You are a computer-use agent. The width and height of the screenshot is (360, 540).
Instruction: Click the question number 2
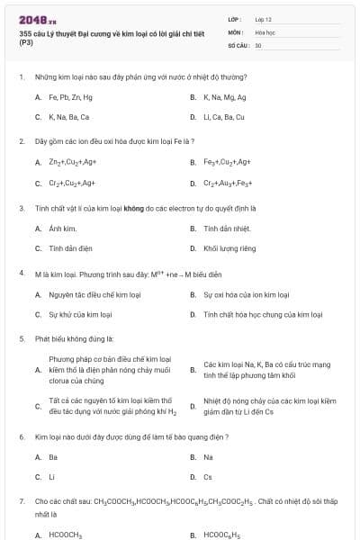coord(21,141)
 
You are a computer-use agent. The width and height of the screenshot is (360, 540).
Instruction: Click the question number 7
coord(21,500)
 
